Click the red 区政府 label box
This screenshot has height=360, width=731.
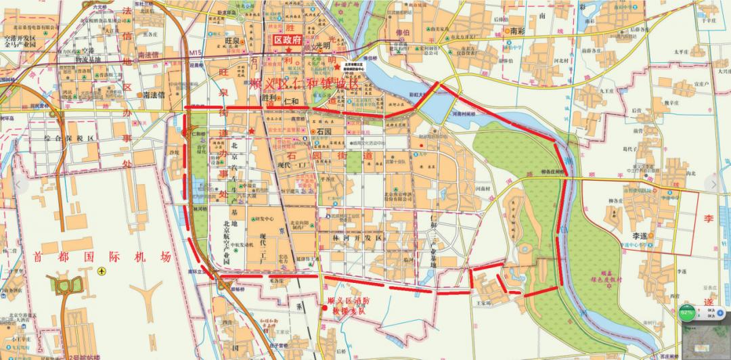click(x=286, y=41)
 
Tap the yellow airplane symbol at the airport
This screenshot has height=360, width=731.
click(x=102, y=271)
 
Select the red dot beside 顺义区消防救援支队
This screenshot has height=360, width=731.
click(x=325, y=309)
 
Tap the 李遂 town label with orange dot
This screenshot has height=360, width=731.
click(x=641, y=235)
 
